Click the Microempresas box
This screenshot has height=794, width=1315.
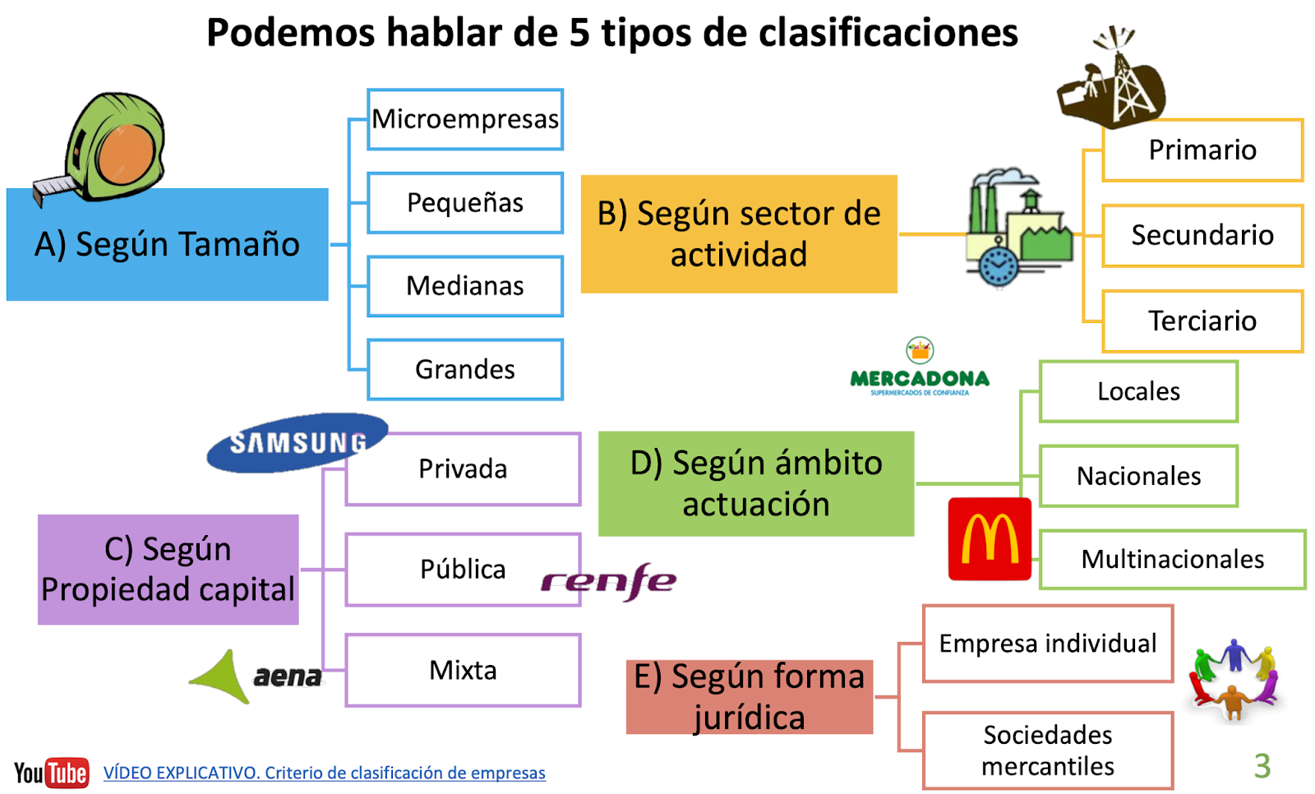(465, 119)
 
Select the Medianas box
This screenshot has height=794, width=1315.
(465, 286)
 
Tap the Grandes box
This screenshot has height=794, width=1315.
(465, 370)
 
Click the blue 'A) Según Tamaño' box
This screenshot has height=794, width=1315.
(168, 245)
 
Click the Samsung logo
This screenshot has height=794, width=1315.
(297, 442)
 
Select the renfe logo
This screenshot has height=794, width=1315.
(608, 581)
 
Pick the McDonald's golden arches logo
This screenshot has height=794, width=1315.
(990, 539)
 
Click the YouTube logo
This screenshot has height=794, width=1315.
(51, 773)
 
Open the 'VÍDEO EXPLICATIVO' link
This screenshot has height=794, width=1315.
(324, 773)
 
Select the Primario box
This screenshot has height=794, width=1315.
(1202, 150)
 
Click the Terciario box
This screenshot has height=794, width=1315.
(1202, 321)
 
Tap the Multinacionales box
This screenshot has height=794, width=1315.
(1172, 560)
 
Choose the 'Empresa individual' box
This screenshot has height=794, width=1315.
(1048, 644)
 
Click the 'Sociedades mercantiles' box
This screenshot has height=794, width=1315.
(1048, 750)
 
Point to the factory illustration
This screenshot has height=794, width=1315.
(1017, 228)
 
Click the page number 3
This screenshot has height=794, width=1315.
(1262, 766)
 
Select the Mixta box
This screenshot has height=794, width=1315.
(463, 671)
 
